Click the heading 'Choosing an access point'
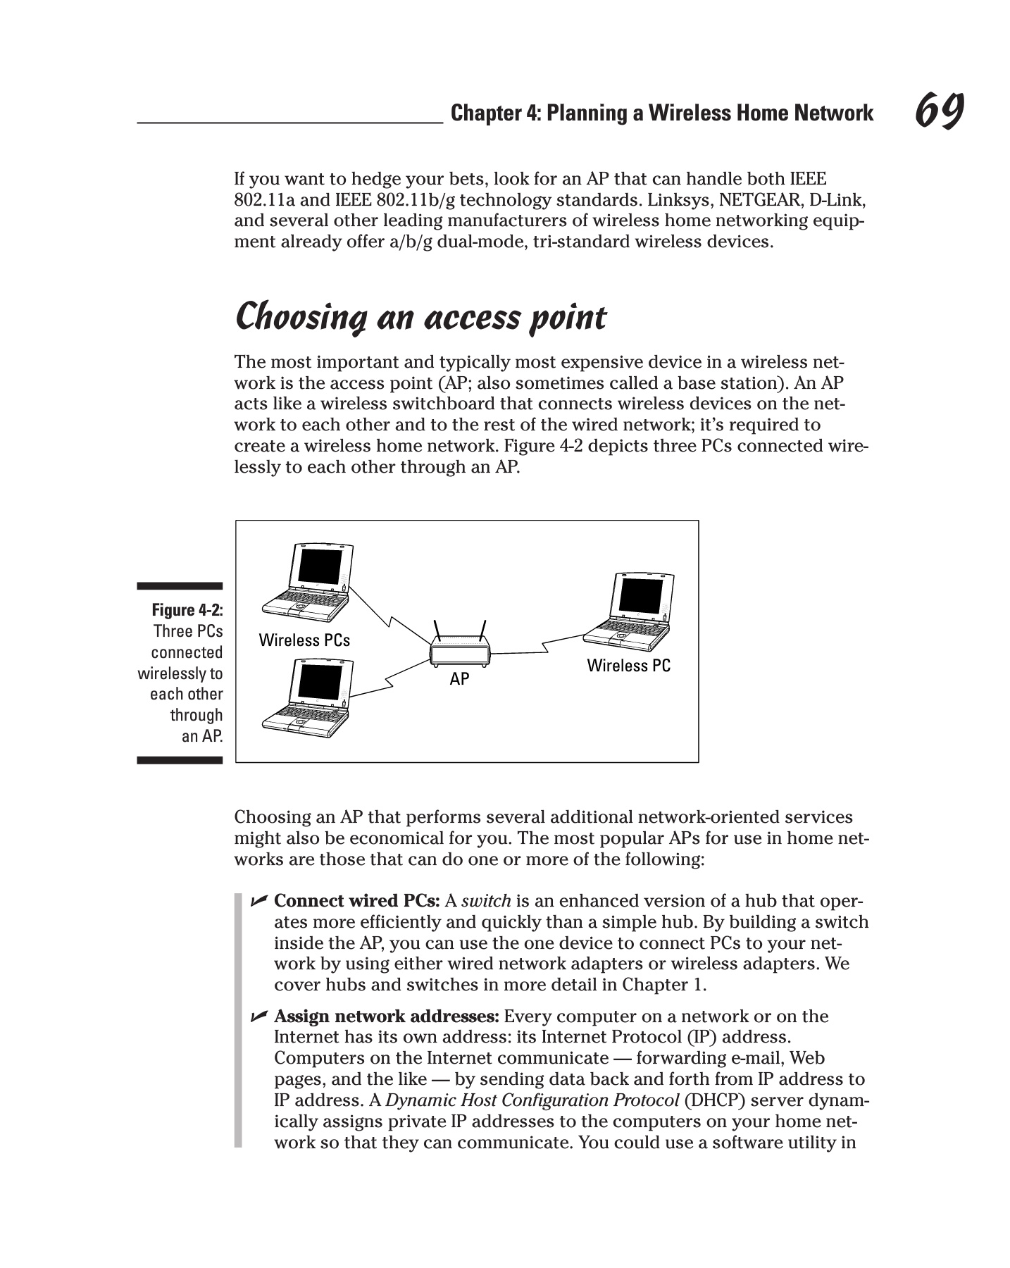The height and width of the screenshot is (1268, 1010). click(420, 318)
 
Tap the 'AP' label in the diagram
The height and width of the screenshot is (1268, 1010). click(459, 679)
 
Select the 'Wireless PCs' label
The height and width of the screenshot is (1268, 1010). click(304, 640)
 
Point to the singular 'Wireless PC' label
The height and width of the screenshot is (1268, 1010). click(629, 666)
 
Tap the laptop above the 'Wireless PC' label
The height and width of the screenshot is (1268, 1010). click(628, 610)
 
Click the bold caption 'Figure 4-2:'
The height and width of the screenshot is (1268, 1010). click(187, 610)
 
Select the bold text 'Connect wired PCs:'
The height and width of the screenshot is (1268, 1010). click(357, 902)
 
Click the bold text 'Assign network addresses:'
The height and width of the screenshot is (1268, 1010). click(387, 1017)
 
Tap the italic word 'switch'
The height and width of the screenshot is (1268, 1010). click(485, 902)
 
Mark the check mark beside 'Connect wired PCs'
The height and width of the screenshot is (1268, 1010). click(258, 901)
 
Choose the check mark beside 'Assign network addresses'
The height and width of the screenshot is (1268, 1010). click(258, 1016)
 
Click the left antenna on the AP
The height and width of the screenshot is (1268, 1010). click(438, 630)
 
